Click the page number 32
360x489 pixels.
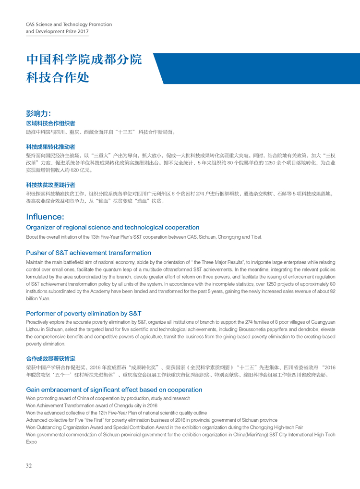[x=29, y=465]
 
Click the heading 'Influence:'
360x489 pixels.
[x=45, y=217]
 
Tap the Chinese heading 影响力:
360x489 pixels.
[x=38, y=113]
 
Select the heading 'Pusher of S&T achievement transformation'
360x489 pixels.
[x=88, y=253]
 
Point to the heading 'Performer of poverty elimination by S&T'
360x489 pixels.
[x=84, y=313]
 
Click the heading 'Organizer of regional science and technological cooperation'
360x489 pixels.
[x=112, y=227]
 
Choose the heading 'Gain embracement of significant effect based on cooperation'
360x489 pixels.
[x=114, y=390]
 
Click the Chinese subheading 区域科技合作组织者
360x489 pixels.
[x=50, y=123]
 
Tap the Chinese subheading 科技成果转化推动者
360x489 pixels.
[x=50, y=147]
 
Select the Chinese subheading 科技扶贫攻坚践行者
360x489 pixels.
[x=50, y=184]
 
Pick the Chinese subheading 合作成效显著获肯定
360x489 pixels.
[x=50, y=359]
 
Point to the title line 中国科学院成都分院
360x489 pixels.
[x=84, y=60]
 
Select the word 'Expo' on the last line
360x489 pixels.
[x=31, y=441]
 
